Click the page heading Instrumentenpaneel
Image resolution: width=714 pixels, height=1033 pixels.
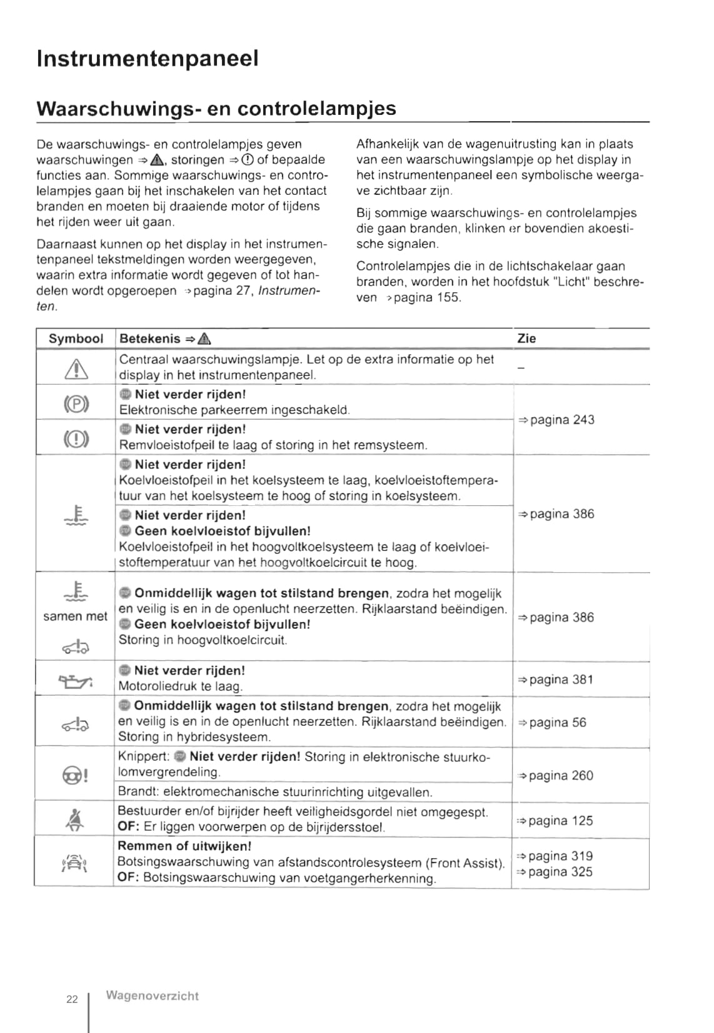tap(148, 59)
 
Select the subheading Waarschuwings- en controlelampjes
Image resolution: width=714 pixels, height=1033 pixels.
tap(216, 109)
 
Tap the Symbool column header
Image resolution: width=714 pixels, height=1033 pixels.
tap(76, 339)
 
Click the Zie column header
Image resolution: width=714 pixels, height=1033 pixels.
tap(526, 339)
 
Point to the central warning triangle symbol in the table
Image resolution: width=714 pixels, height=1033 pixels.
tap(76, 368)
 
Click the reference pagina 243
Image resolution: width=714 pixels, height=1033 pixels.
tap(556, 420)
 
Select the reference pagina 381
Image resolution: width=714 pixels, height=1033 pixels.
tap(555, 680)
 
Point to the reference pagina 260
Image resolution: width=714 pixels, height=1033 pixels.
tap(555, 776)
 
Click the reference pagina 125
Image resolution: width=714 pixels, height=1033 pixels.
tap(555, 821)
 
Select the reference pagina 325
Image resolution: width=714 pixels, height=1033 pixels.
tap(555, 872)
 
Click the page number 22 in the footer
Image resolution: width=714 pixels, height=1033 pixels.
tap(73, 999)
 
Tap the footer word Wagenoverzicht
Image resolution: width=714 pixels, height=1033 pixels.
tap(153, 996)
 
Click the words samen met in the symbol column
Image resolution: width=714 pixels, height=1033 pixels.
tap(75, 616)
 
